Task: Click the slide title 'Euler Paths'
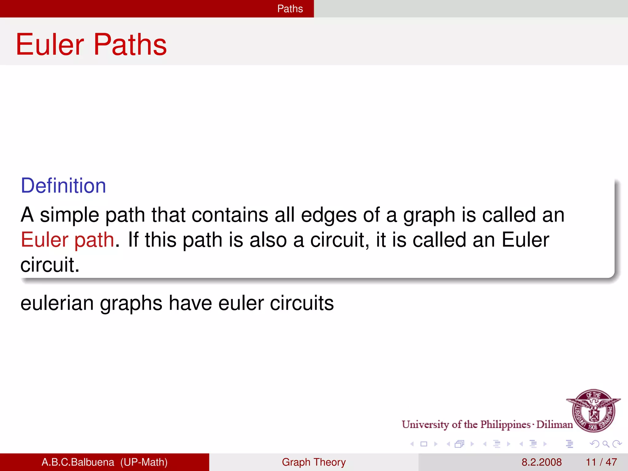coord(91,45)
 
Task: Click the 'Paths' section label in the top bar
coord(290,9)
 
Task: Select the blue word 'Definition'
coord(63,186)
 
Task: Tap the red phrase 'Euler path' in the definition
coord(67,239)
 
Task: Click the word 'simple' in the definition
coord(70,215)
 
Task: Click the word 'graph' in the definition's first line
coord(429,216)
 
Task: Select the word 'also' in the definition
coord(268,239)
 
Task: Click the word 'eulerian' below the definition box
coord(57,303)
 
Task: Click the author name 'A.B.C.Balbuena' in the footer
coord(78,462)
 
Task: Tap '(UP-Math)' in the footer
coord(144,462)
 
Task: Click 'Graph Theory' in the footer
coord(314,462)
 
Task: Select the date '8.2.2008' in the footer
coord(542,462)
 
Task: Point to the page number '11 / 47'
coord(601,462)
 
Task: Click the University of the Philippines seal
coord(594,410)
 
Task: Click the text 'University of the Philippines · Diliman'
coord(487,424)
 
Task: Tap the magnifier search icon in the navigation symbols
coord(606,444)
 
